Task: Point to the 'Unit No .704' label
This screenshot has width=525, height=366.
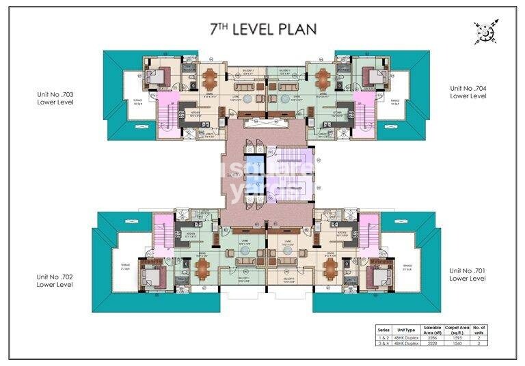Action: [x=468, y=92]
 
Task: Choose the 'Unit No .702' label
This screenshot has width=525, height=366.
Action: [x=55, y=280]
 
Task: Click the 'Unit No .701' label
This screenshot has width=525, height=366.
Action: [x=468, y=274]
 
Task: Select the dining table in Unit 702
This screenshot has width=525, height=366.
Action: [x=202, y=269]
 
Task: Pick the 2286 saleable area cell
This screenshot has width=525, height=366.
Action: [x=431, y=337]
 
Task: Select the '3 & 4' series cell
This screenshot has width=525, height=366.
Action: [x=383, y=343]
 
